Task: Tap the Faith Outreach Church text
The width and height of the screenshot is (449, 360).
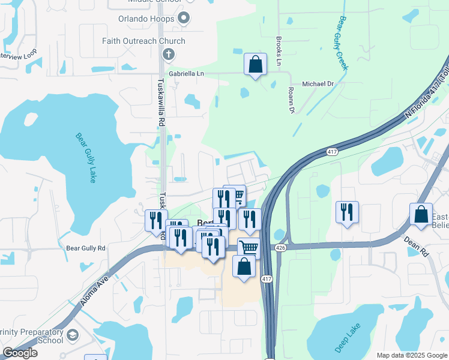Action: pyautogui.click(x=143, y=41)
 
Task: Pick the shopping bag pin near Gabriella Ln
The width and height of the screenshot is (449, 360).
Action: pyautogui.click(x=255, y=64)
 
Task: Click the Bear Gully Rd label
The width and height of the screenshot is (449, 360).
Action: pyautogui.click(x=85, y=248)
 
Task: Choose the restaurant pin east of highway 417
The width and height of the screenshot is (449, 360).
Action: pyautogui.click(x=348, y=212)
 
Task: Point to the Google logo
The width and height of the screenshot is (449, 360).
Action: pyautogui.click(x=20, y=353)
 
